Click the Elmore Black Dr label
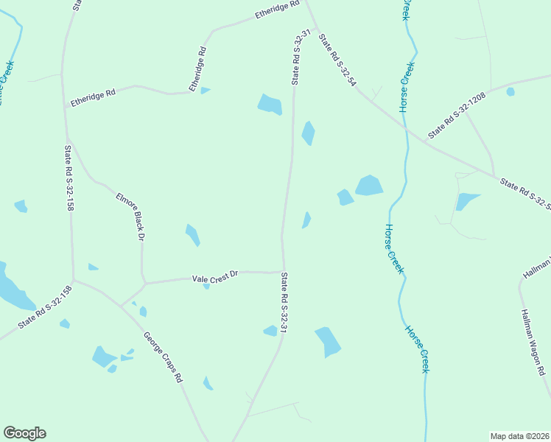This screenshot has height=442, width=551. [130, 217]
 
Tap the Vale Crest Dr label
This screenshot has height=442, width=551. [216, 277]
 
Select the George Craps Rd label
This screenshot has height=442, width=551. [163, 357]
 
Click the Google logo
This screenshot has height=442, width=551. [24, 433]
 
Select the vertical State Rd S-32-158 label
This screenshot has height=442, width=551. [68, 178]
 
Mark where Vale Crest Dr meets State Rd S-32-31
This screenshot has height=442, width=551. [283, 272]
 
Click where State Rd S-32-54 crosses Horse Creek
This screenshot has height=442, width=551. [405, 128]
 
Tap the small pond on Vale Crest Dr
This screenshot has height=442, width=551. [207, 286]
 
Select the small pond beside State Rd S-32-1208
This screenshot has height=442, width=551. [510, 92]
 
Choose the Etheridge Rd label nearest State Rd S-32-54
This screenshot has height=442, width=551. [276, 13]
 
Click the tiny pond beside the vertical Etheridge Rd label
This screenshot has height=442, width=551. [205, 91]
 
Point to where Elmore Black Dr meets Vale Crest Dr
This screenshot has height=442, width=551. [144, 282]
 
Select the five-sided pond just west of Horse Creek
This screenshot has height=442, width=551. [369, 186]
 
